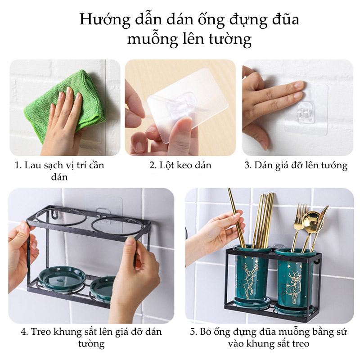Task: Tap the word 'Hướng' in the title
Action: click(x=105, y=19)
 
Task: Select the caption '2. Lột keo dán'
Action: click(x=180, y=165)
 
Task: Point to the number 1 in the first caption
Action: click(x=17, y=165)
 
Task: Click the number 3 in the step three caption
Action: click(x=247, y=165)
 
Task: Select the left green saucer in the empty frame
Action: click(x=62, y=278)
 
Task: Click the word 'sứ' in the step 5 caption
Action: click(x=342, y=332)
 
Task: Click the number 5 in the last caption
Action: click(x=193, y=332)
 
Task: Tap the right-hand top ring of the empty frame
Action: click(x=112, y=218)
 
